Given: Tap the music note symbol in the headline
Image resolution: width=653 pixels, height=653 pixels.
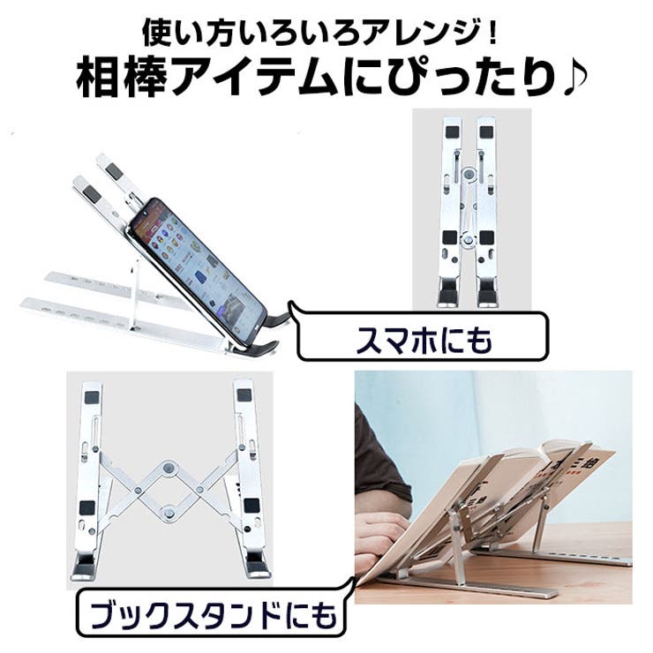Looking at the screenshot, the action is click(575, 78).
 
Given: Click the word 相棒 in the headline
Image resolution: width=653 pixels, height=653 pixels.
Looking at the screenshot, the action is click(123, 78).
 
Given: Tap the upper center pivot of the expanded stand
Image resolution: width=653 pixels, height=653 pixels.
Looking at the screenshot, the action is click(169, 468).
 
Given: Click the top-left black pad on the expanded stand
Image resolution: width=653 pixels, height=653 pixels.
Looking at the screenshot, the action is click(92, 397).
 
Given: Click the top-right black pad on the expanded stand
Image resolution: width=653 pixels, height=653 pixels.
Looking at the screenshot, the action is click(244, 394).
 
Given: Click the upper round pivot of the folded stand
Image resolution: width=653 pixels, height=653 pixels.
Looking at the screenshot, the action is click(469, 175).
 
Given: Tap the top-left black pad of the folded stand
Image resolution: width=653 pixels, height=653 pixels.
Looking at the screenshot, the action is click(453, 132).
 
